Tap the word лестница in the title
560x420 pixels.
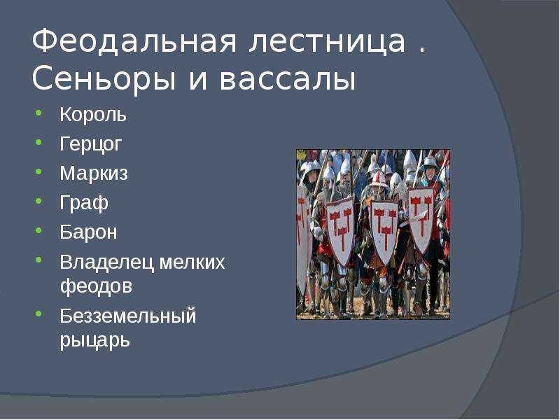tap(328, 41)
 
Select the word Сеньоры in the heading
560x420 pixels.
tap(104, 80)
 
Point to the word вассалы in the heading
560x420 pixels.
tap(288, 79)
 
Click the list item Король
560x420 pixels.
tap(93, 115)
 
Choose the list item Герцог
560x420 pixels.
tap(91, 144)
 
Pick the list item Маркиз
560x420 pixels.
tap(94, 174)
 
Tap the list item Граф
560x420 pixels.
tap(84, 203)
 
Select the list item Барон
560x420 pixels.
tap(88, 232)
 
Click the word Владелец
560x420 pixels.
tap(107, 262)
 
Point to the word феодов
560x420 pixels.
tap(96, 286)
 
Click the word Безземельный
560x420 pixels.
tap(128, 316)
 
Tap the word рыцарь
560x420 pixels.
tap(94, 340)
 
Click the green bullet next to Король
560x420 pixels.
tap(38, 113)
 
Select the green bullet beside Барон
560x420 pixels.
tap(38, 230)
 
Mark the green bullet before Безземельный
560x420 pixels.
tap(38, 314)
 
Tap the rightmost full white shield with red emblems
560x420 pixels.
tap(421, 218)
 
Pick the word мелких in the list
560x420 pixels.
tap(192, 262)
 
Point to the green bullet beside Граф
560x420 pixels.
tap(38, 201)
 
